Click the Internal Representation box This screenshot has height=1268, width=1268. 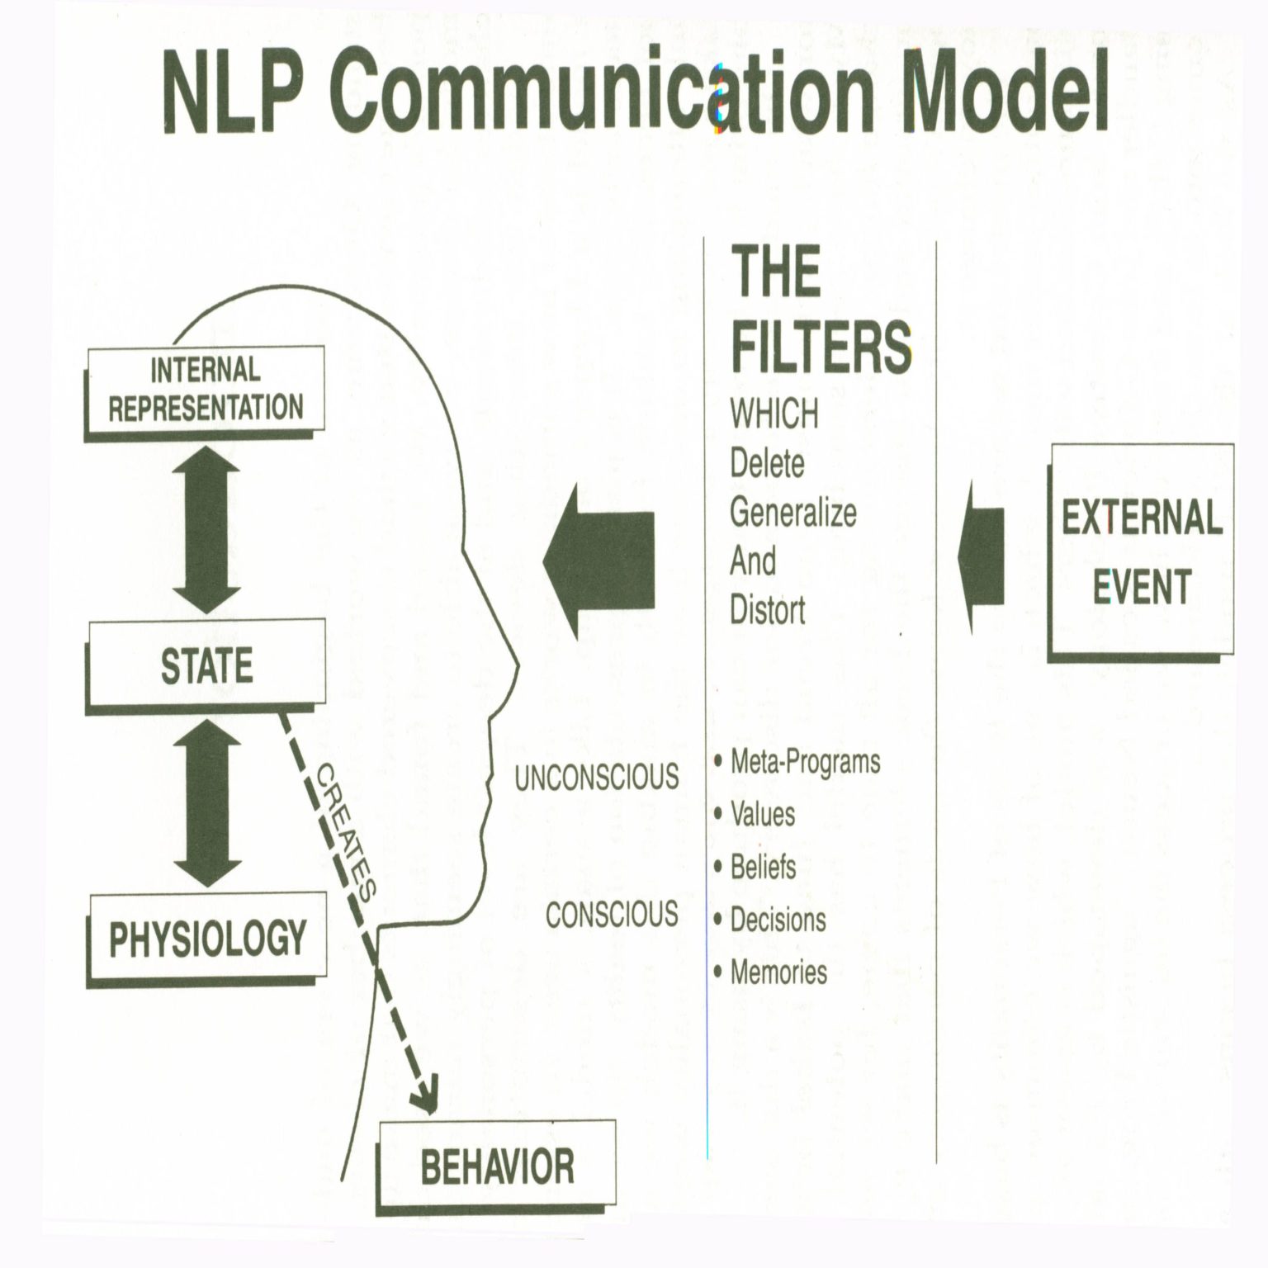click(206, 389)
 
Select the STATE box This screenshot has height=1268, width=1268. click(206, 665)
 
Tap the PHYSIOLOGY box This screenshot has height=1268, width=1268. click(207, 939)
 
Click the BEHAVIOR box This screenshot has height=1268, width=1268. click(497, 1166)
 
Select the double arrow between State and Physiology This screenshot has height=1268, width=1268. click(206, 801)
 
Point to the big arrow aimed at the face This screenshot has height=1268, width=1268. click(600, 561)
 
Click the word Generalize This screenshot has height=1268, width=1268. click(792, 513)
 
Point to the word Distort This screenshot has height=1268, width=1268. click(767, 610)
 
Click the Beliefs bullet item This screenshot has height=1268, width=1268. click(763, 867)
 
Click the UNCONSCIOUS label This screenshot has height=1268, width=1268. click(596, 777)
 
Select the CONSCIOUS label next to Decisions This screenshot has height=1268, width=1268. click(612, 915)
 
